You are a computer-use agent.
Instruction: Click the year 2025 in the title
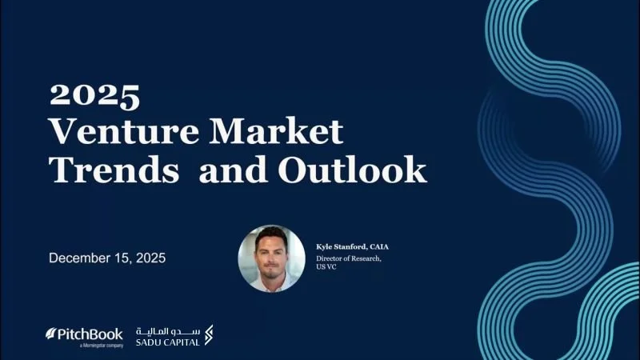pos(94,96)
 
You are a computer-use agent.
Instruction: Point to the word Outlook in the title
pos(352,169)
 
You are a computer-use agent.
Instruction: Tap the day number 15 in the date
pos(130,258)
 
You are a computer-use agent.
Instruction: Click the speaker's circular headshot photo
pos(272,258)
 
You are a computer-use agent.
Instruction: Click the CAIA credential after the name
pos(378,246)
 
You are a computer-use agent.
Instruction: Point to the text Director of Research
pos(349,258)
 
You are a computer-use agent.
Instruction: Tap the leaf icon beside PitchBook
pos(50,333)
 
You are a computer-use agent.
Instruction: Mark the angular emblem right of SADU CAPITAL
pos(209,334)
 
